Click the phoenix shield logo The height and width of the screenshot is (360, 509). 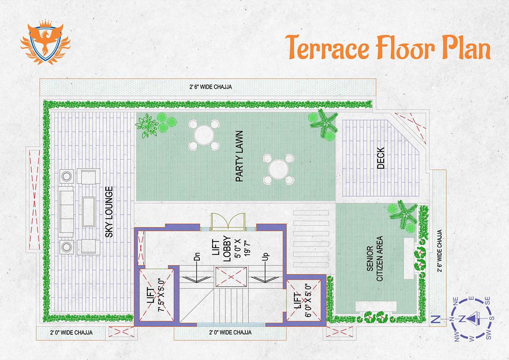tap(46, 42)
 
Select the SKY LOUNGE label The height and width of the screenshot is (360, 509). tap(109, 212)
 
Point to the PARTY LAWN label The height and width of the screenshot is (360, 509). tap(239, 156)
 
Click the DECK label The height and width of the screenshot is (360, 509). tap(380, 158)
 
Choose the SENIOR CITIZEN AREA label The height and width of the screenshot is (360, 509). tap(375, 258)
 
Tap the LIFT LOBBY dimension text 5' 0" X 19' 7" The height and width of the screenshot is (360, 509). tap(243, 249)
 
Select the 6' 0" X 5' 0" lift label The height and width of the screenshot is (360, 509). tap(308, 300)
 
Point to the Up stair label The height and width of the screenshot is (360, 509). tap(266, 256)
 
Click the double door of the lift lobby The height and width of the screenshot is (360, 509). tap(228, 222)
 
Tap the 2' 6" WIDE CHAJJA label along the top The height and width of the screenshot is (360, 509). tap(211, 87)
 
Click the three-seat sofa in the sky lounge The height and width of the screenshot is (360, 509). tap(66, 212)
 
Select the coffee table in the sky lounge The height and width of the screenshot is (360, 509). tap(89, 212)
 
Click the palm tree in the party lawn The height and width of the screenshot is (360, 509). tap(324, 123)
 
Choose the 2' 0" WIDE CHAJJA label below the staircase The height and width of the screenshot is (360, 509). tap(230, 332)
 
